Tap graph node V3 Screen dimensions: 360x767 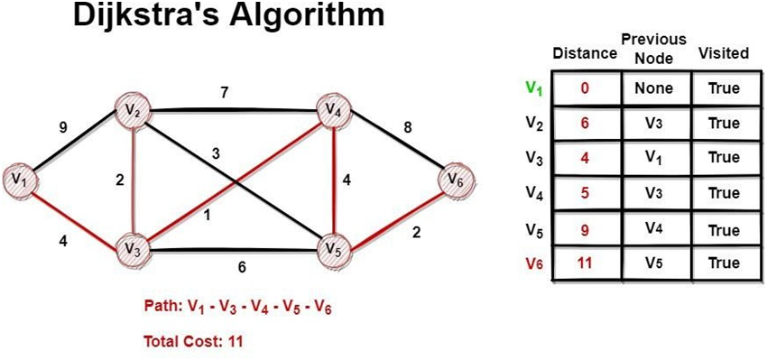coord(134,245)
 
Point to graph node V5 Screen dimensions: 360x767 coord(334,245)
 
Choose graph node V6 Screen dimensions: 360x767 coord(455,180)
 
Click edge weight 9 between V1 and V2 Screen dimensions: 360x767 coord(62,127)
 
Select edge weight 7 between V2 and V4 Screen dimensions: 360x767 coord(224,91)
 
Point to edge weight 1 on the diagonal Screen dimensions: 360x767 coord(208,216)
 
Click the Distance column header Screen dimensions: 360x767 coord(584,53)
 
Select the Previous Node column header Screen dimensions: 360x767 coord(653,47)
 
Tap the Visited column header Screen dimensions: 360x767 coord(723,53)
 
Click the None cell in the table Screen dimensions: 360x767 coord(653,89)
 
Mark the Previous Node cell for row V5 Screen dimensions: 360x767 coord(653,229)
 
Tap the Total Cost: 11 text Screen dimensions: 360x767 coord(193,341)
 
